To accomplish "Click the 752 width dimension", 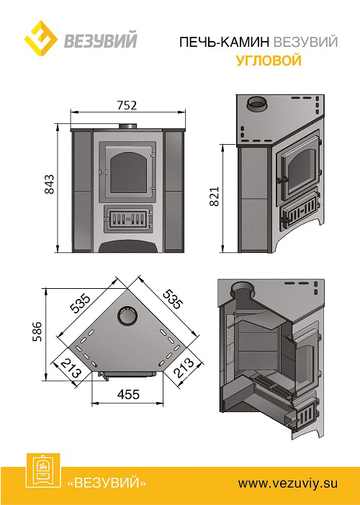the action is [127, 105].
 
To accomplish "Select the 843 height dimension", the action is [50, 184].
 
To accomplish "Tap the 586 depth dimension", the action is [38, 331].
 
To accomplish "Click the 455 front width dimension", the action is [128, 394].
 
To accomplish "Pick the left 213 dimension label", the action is [71, 368].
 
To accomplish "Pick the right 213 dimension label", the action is [184, 368].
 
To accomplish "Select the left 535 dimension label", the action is [80, 304].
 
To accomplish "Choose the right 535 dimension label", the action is [173, 299].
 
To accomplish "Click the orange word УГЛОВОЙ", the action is [269, 61].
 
